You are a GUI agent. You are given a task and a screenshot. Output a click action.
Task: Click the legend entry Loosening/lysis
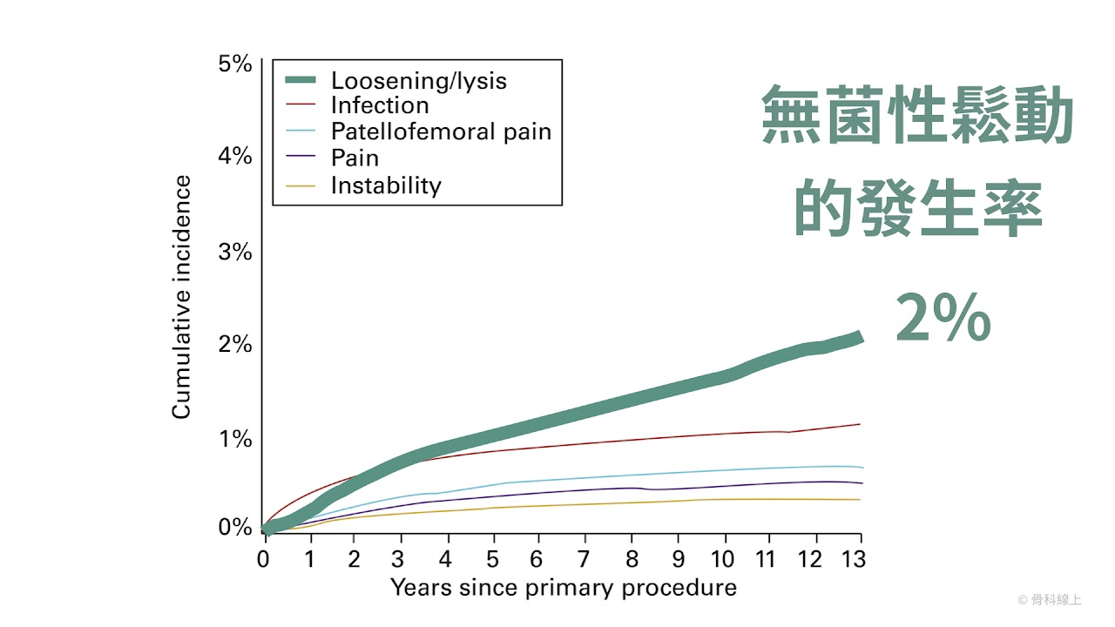[x=418, y=81]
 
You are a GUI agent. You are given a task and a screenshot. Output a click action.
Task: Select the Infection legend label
[x=380, y=105]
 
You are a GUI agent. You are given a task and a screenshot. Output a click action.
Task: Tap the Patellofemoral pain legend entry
[x=441, y=131]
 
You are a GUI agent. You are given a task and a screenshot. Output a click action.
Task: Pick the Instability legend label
[x=386, y=185]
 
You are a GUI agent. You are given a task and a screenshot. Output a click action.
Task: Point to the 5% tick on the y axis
[x=234, y=64]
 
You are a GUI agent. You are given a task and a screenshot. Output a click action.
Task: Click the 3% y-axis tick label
[x=234, y=252]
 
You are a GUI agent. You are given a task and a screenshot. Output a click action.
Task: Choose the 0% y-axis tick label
[x=234, y=527]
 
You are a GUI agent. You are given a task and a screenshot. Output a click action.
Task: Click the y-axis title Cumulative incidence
[x=181, y=297]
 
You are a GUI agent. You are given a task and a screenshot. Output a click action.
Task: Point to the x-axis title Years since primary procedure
[x=563, y=588]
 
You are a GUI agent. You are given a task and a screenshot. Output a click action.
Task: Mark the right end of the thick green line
[x=860, y=337]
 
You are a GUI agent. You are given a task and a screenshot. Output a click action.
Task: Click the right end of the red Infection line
[x=860, y=424]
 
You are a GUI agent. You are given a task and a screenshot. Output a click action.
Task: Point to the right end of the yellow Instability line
[x=860, y=499]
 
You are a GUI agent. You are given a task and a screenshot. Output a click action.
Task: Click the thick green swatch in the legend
[x=300, y=80]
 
